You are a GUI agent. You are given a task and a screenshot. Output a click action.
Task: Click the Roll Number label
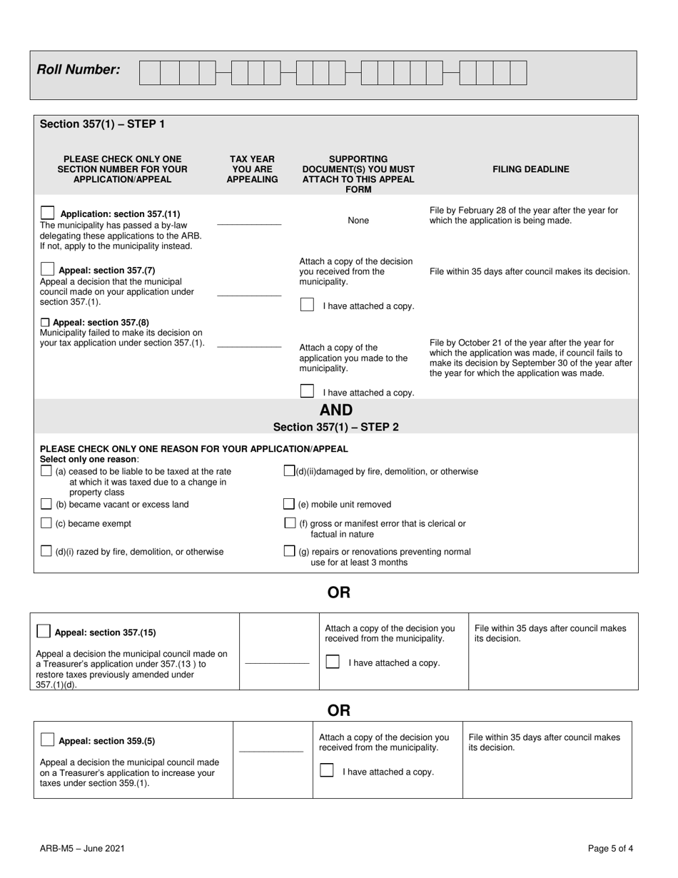click(x=79, y=70)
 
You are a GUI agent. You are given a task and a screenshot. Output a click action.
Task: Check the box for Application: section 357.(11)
click(x=48, y=213)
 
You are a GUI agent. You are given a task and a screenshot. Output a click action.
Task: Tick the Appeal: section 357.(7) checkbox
click(x=48, y=269)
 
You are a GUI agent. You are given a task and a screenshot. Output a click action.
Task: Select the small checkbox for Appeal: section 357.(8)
click(x=46, y=323)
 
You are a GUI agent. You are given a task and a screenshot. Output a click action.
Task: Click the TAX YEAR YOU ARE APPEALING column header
click(x=252, y=169)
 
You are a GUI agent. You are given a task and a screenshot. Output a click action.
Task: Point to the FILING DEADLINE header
click(x=531, y=169)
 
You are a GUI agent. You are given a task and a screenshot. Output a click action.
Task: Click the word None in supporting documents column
click(x=358, y=221)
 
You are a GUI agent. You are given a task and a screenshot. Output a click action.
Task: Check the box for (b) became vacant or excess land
click(x=46, y=504)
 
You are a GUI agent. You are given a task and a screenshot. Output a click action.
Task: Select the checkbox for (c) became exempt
click(x=46, y=523)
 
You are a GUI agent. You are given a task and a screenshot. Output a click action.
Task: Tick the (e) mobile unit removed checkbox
click(x=289, y=504)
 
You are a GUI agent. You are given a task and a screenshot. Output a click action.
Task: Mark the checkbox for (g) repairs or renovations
click(x=289, y=551)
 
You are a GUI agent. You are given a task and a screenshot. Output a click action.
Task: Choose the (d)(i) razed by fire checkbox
click(x=46, y=551)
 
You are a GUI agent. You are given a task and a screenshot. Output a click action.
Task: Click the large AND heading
click(x=336, y=410)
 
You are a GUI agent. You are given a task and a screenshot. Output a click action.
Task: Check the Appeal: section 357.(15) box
click(x=44, y=631)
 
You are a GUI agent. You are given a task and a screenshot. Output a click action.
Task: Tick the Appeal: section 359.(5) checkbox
click(x=48, y=740)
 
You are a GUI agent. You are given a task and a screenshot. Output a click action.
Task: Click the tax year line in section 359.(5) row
click(x=271, y=750)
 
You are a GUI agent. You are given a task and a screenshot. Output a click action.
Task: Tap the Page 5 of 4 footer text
click(x=610, y=849)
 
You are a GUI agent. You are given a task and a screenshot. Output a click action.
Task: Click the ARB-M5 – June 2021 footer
click(x=83, y=849)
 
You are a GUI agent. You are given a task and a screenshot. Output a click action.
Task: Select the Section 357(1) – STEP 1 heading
click(x=102, y=124)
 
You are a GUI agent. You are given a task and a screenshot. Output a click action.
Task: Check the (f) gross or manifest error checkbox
click(x=290, y=523)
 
